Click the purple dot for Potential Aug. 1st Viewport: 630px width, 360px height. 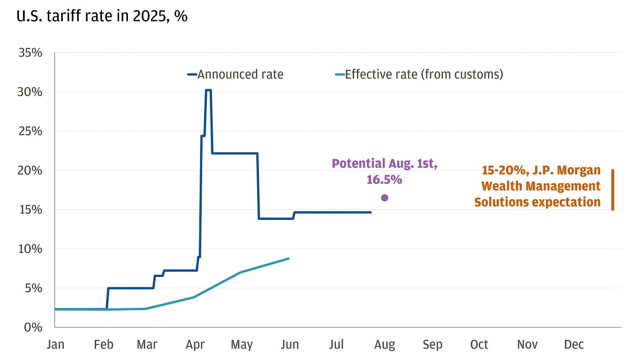coord(384,198)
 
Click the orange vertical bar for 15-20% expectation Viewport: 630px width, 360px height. coord(612,190)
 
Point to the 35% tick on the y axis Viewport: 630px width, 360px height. coord(30,52)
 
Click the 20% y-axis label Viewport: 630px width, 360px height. coord(30,170)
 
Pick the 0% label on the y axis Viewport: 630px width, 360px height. coord(33,327)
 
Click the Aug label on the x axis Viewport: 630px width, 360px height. coord(384,344)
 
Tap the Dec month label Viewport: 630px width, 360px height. coord(573,344)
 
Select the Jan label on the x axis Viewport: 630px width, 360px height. coord(55,344)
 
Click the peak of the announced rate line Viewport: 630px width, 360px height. coord(208,90)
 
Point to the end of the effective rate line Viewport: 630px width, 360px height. coord(289,258)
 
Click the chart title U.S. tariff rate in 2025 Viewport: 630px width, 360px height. coord(102,16)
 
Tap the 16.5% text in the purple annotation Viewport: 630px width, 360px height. coord(384,180)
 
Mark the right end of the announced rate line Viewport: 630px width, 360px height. coord(371,212)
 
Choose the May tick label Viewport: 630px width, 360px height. coord(242,344)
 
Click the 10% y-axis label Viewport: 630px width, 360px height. coord(30,249)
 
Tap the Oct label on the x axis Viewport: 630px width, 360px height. coord(479,344)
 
